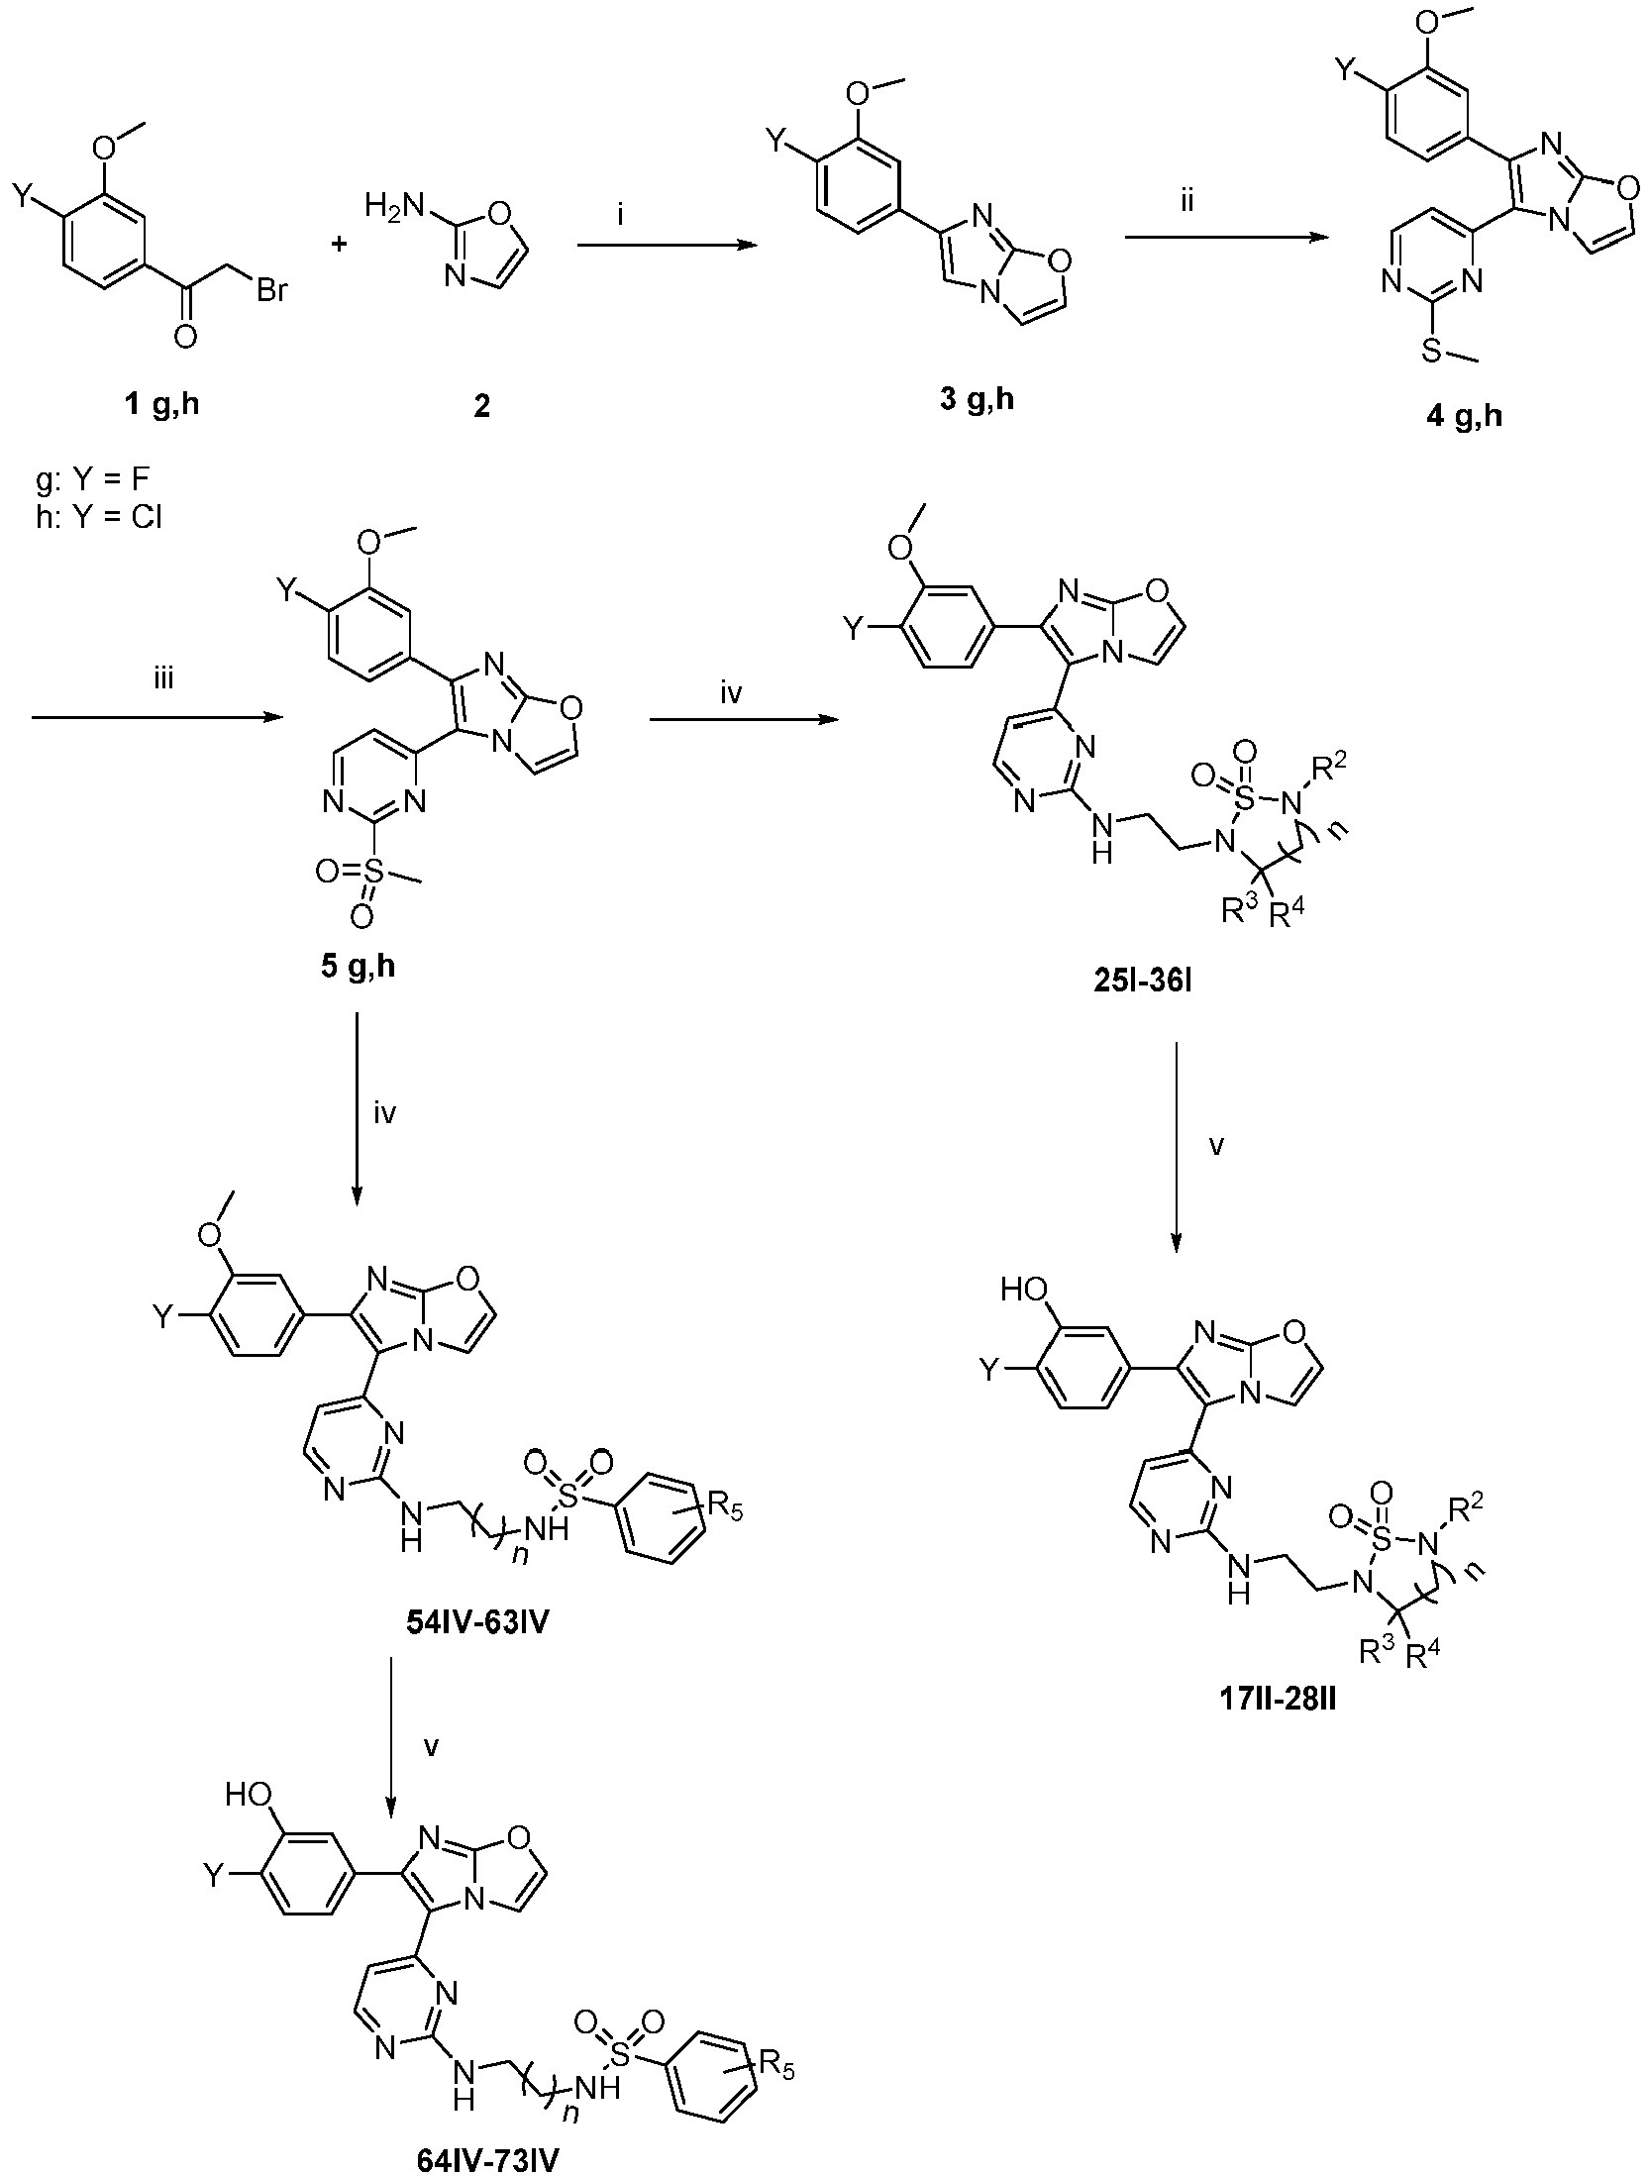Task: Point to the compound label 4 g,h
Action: [1464, 415]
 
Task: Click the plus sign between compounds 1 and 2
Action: [345, 245]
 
